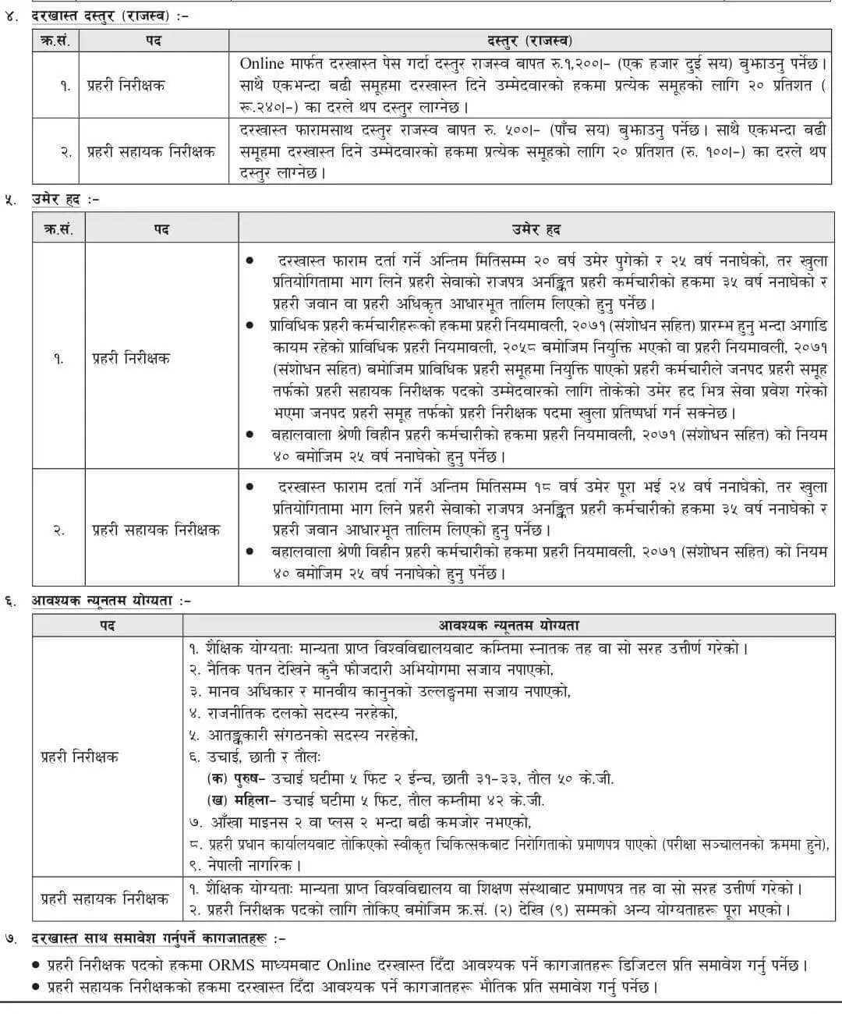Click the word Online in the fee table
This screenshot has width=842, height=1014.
point(261,63)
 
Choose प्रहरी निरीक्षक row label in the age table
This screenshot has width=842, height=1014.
point(130,359)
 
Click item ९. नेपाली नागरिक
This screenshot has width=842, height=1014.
point(245,866)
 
